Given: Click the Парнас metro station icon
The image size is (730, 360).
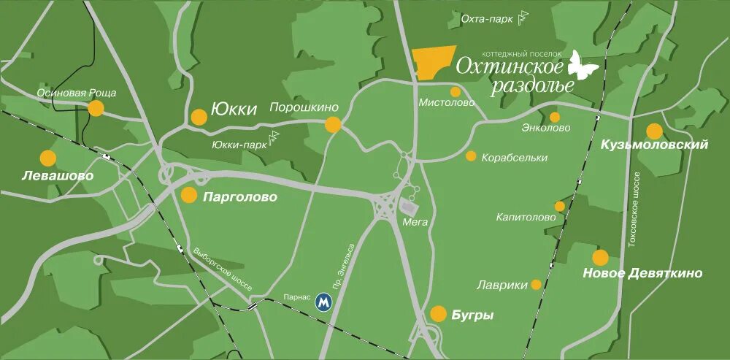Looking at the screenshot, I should click(x=323, y=302).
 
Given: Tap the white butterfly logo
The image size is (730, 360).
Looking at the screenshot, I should click(x=583, y=66).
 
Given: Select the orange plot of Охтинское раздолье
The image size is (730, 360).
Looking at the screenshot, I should click(x=433, y=62).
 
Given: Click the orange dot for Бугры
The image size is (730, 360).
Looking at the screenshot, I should click(x=438, y=314).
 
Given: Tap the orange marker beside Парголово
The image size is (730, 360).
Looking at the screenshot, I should click(x=189, y=195).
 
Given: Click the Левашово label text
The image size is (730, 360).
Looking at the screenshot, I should click(x=47, y=177).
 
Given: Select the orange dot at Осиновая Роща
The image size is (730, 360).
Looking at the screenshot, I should click(x=96, y=109).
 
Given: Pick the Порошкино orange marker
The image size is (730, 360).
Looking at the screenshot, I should click(x=333, y=125).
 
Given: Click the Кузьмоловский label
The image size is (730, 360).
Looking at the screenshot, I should click(x=654, y=145).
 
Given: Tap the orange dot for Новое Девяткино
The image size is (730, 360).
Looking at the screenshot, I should click(x=600, y=258).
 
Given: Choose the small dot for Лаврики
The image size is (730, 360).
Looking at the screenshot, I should click(x=537, y=285).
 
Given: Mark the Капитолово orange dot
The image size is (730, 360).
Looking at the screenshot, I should click(x=560, y=207).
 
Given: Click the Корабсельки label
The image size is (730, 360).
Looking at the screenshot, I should click(x=514, y=158).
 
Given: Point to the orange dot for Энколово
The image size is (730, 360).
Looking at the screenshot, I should click(x=555, y=117).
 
